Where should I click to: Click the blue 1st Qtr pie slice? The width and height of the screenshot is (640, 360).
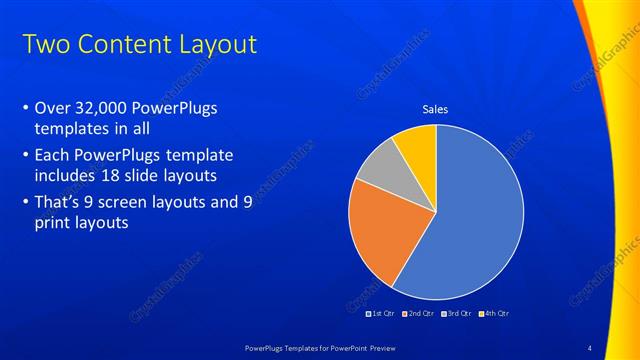[x=480, y=215]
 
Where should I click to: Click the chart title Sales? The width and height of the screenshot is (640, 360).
[x=435, y=109]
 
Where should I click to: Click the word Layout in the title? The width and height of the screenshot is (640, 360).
[x=217, y=45]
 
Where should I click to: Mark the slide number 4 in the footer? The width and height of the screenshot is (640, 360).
[x=590, y=346]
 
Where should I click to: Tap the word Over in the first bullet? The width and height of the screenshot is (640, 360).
[x=52, y=109]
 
